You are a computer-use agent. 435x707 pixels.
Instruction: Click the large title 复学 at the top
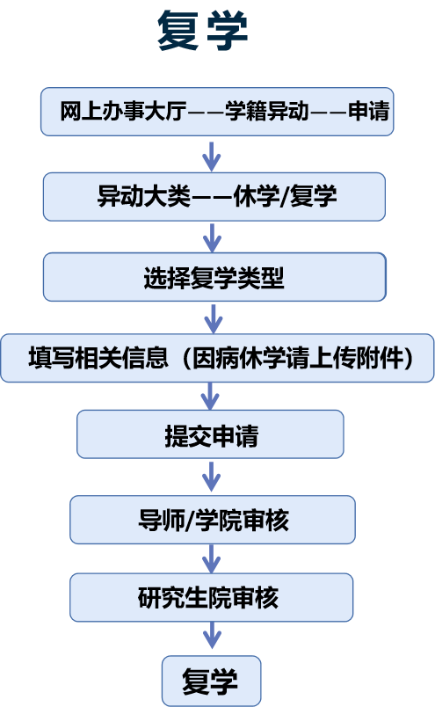(202, 31)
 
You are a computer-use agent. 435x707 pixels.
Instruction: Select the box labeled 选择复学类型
(214, 277)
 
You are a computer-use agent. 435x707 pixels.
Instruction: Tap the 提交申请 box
(210, 434)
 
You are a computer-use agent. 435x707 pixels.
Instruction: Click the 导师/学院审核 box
(213, 520)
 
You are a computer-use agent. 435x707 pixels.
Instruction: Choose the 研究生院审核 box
(212, 597)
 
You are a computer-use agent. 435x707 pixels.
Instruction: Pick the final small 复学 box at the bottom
(212, 681)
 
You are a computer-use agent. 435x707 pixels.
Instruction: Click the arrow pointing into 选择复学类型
(212, 237)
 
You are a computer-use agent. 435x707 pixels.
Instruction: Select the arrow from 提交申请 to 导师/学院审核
(211, 476)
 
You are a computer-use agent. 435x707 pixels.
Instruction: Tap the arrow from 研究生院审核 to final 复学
(212, 635)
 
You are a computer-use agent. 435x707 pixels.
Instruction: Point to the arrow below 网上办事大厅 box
(211, 157)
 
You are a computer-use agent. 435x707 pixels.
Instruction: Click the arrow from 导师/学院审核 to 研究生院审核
(211, 559)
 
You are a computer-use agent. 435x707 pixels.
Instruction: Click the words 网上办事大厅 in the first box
(123, 111)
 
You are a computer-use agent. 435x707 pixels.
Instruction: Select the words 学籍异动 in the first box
(266, 111)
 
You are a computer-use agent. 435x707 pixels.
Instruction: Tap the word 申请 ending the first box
(368, 111)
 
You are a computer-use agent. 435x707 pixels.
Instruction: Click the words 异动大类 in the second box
(143, 196)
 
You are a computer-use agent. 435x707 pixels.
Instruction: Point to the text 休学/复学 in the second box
(285, 196)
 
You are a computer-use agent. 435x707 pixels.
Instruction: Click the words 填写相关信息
(98, 358)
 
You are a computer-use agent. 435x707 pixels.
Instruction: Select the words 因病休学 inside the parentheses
(239, 358)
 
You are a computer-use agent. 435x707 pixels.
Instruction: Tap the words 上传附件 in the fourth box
(356, 358)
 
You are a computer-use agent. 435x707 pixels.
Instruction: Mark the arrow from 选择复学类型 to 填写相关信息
(214, 319)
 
